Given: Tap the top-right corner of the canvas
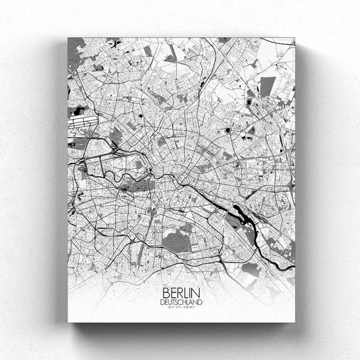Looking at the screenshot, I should [295, 38].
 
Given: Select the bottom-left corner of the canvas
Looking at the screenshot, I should [68, 322].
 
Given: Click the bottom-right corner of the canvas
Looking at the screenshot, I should [295, 322].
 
